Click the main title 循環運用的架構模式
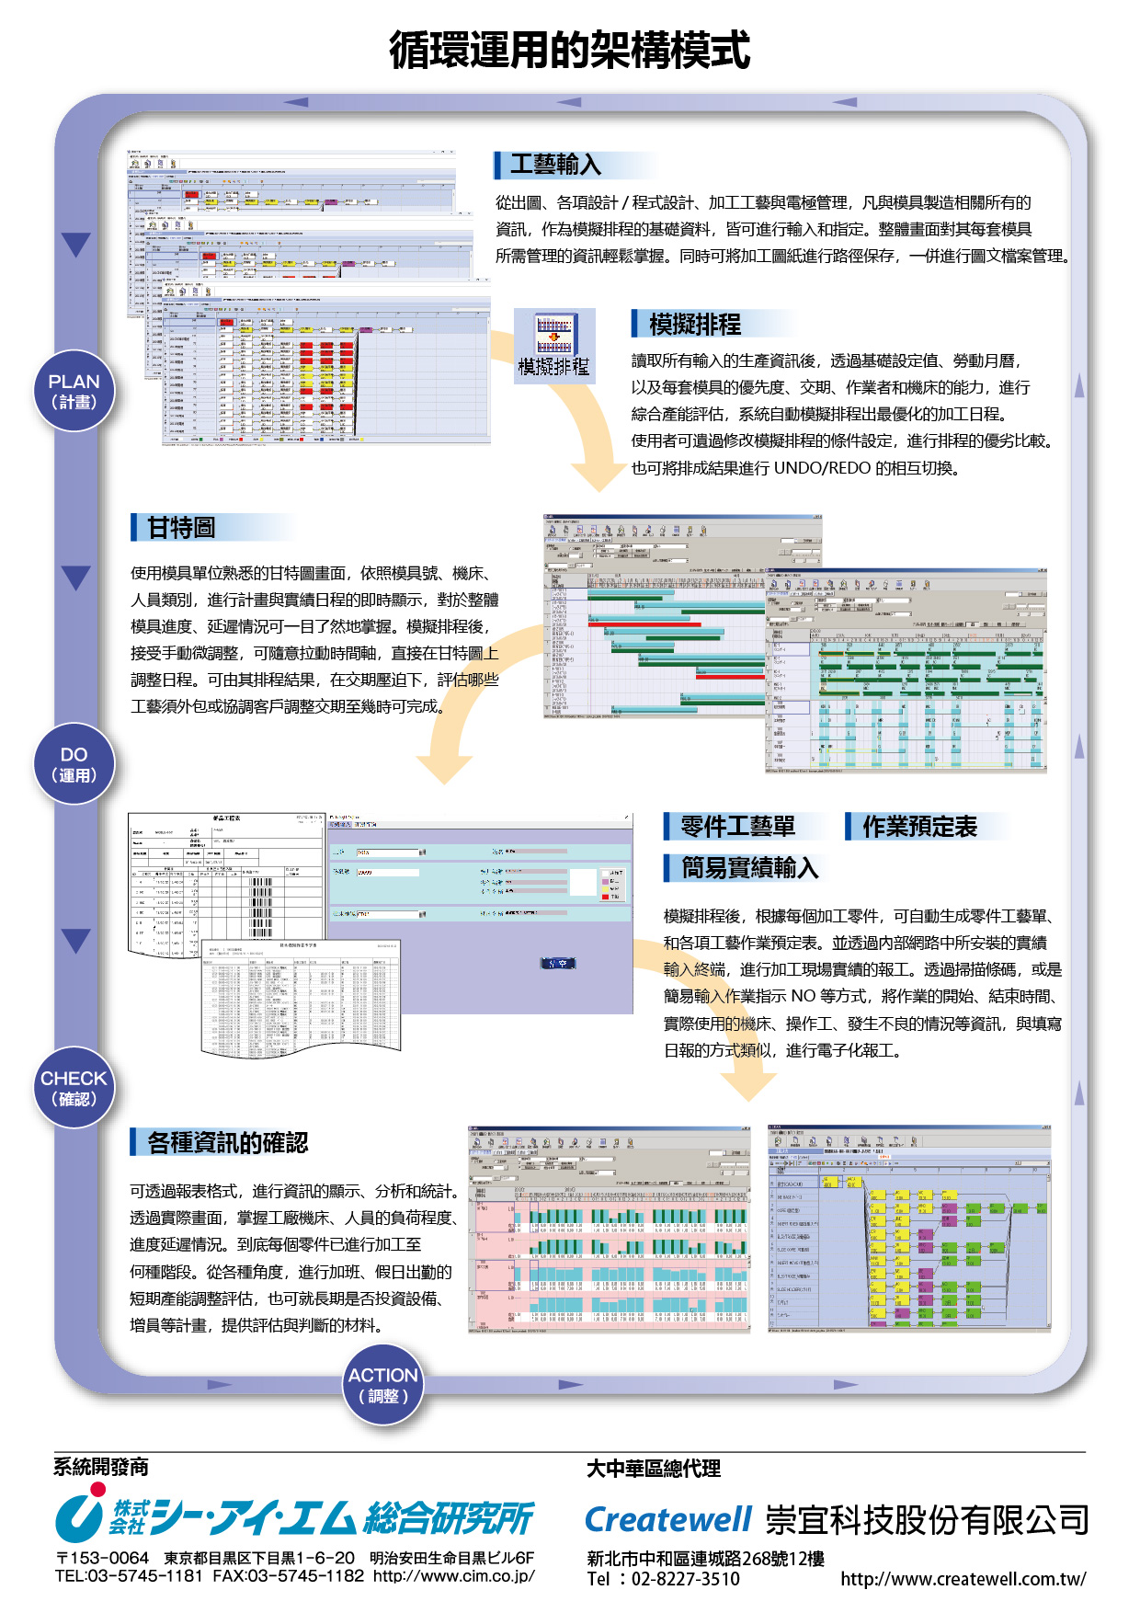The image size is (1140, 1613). (x=569, y=50)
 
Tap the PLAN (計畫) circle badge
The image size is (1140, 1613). (x=74, y=391)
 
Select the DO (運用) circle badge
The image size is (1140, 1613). (x=74, y=764)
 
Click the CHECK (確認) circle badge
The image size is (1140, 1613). (x=74, y=1088)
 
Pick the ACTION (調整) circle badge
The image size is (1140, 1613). (x=383, y=1385)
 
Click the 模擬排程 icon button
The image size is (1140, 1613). (x=554, y=346)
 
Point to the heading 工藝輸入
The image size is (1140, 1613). (x=555, y=165)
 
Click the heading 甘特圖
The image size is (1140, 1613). (x=181, y=528)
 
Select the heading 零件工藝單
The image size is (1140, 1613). (x=737, y=827)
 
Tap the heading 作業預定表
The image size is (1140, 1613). (x=919, y=827)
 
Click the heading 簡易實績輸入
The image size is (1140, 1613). (x=749, y=868)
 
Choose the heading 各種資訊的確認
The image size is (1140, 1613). (x=227, y=1142)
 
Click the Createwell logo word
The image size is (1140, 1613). (x=668, y=1520)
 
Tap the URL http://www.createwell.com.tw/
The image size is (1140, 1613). (x=963, y=1579)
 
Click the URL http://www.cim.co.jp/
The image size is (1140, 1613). (x=454, y=1575)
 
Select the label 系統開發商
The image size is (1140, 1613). (x=101, y=1467)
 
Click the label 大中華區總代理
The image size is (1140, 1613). (x=654, y=1469)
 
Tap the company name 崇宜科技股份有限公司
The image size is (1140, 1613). (x=927, y=1520)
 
